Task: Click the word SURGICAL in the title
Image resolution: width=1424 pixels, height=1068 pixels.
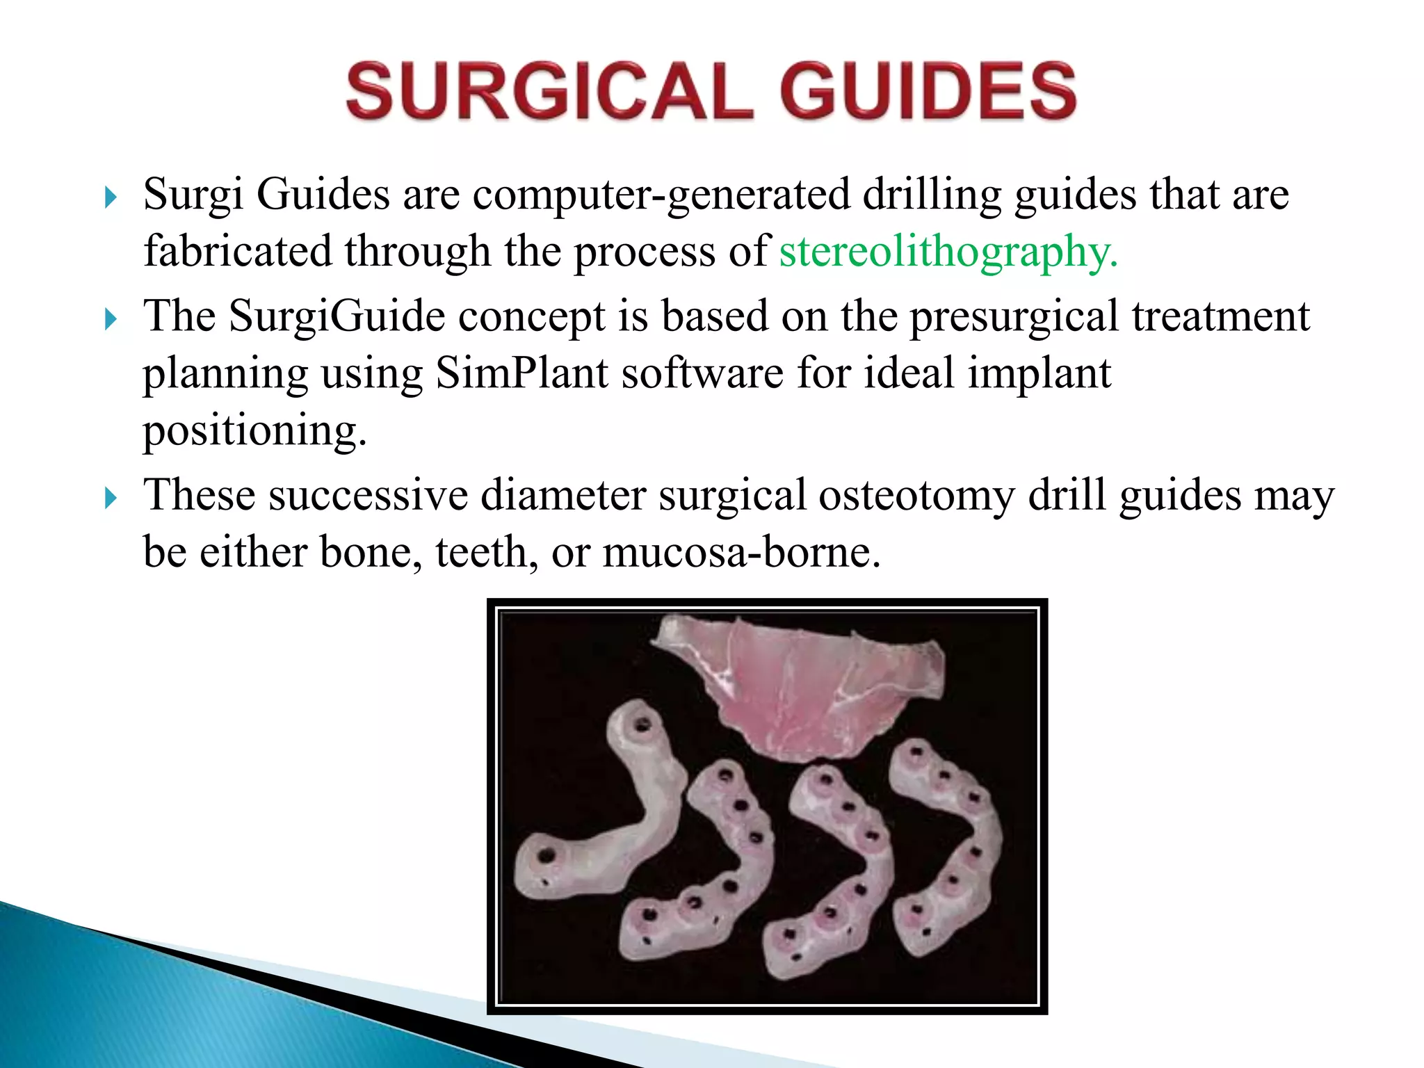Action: click(x=549, y=91)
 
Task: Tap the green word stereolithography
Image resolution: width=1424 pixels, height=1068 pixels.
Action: click(x=948, y=252)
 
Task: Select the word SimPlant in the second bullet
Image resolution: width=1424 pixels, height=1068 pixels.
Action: click(x=521, y=373)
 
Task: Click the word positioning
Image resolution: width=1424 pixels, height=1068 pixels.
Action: click(x=254, y=430)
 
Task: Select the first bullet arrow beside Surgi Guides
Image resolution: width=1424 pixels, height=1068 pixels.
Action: click(x=111, y=198)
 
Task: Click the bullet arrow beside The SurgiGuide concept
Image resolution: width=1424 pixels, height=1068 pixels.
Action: click(x=111, y=320)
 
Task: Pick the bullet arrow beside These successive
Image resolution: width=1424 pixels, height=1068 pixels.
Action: click(x=111, y=499)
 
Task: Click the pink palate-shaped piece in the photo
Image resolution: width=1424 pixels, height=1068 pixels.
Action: click(x=800, y=688)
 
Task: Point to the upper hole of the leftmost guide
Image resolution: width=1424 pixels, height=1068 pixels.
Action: click(x=642, y=726)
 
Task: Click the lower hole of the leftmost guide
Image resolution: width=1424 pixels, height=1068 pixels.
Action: click(x=547, y=855)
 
